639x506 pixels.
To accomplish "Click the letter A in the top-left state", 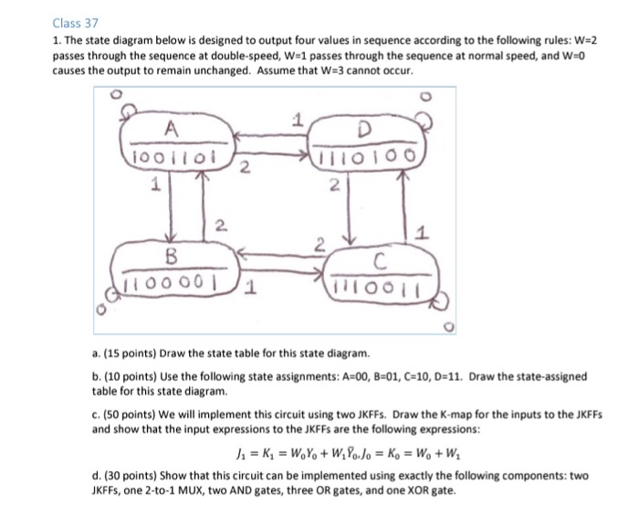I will point(172,129).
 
